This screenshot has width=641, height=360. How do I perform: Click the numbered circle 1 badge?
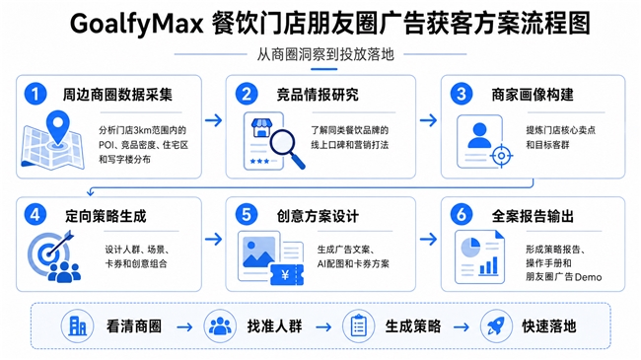pyautogui.click(x=36, y=94)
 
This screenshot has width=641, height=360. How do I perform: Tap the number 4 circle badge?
pyautogui.click(x=36, y=215)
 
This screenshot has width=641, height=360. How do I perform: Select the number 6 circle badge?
pyautogui.click(x=462, y=215)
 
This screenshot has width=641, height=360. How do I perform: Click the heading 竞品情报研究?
pyautogui.click(x=318, y=95)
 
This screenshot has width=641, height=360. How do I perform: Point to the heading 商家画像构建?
pyautogui.click(x=533, y=95)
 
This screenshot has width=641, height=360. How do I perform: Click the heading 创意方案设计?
pyautogui.click(x=318, y=216)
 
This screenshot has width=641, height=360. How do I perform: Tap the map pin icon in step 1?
pyautogui.click(x=57, y=128)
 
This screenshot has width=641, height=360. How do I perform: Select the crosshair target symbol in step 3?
pyautogui.click(x=501, y=156)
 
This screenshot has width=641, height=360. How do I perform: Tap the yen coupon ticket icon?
pyautogui.click(x=287, y=275)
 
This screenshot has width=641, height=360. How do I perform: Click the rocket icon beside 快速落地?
pyautogui.click(x=496, y=326)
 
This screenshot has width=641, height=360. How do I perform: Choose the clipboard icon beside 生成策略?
pyautogui.click(x=358, y=326)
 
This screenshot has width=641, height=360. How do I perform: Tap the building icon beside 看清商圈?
pyautogui.click(x=77, y=326)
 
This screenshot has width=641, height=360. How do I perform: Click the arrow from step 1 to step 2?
pyautogui.click(x=213, y=120)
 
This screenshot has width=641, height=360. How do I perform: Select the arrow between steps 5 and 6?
pyautogui.click(x=428, y=239)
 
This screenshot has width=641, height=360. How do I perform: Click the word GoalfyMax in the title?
pyautogui.click(x=136, y=24)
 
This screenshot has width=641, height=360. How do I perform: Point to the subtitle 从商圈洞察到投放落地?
pyautogui.click(x=325, y=54)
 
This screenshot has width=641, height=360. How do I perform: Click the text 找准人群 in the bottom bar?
pyautogui.click(x=274, y=326)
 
